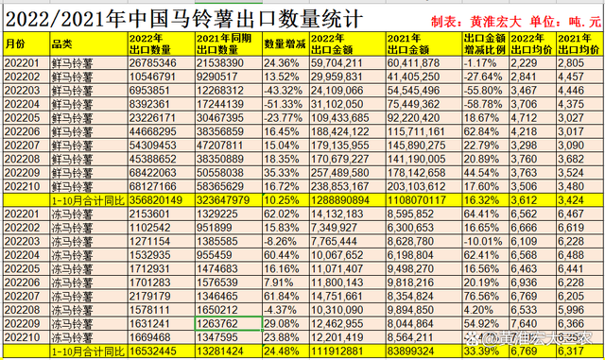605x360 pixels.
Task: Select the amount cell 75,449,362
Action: (414, 101)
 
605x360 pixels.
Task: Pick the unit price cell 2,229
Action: (530, 61)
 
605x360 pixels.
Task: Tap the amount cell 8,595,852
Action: (414, 214)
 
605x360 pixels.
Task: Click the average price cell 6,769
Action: (530, 351)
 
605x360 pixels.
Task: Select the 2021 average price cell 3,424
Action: (577, 201)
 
